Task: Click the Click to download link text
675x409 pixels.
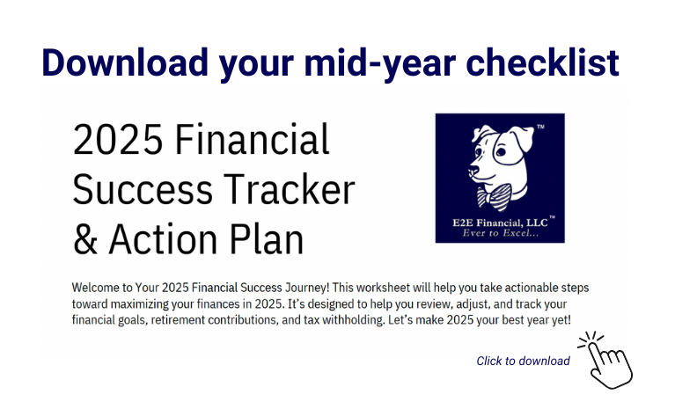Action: [x=523, y=361]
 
